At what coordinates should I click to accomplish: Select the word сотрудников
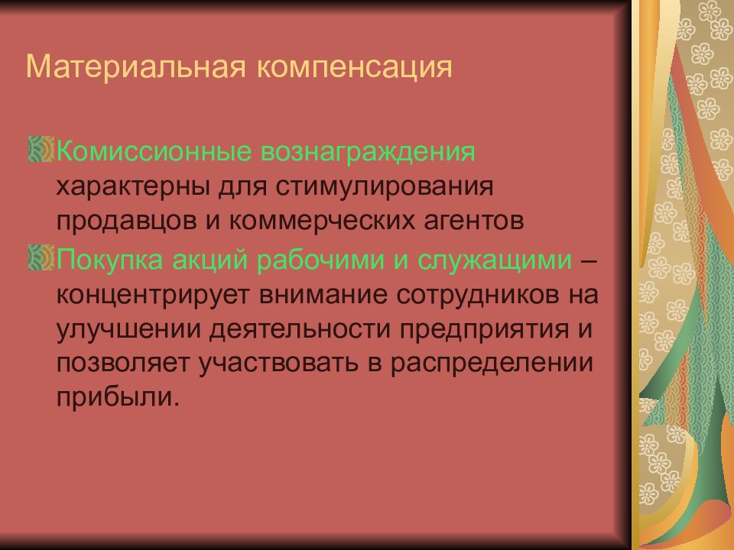(468, 296)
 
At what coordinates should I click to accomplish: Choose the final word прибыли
(116, 399)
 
